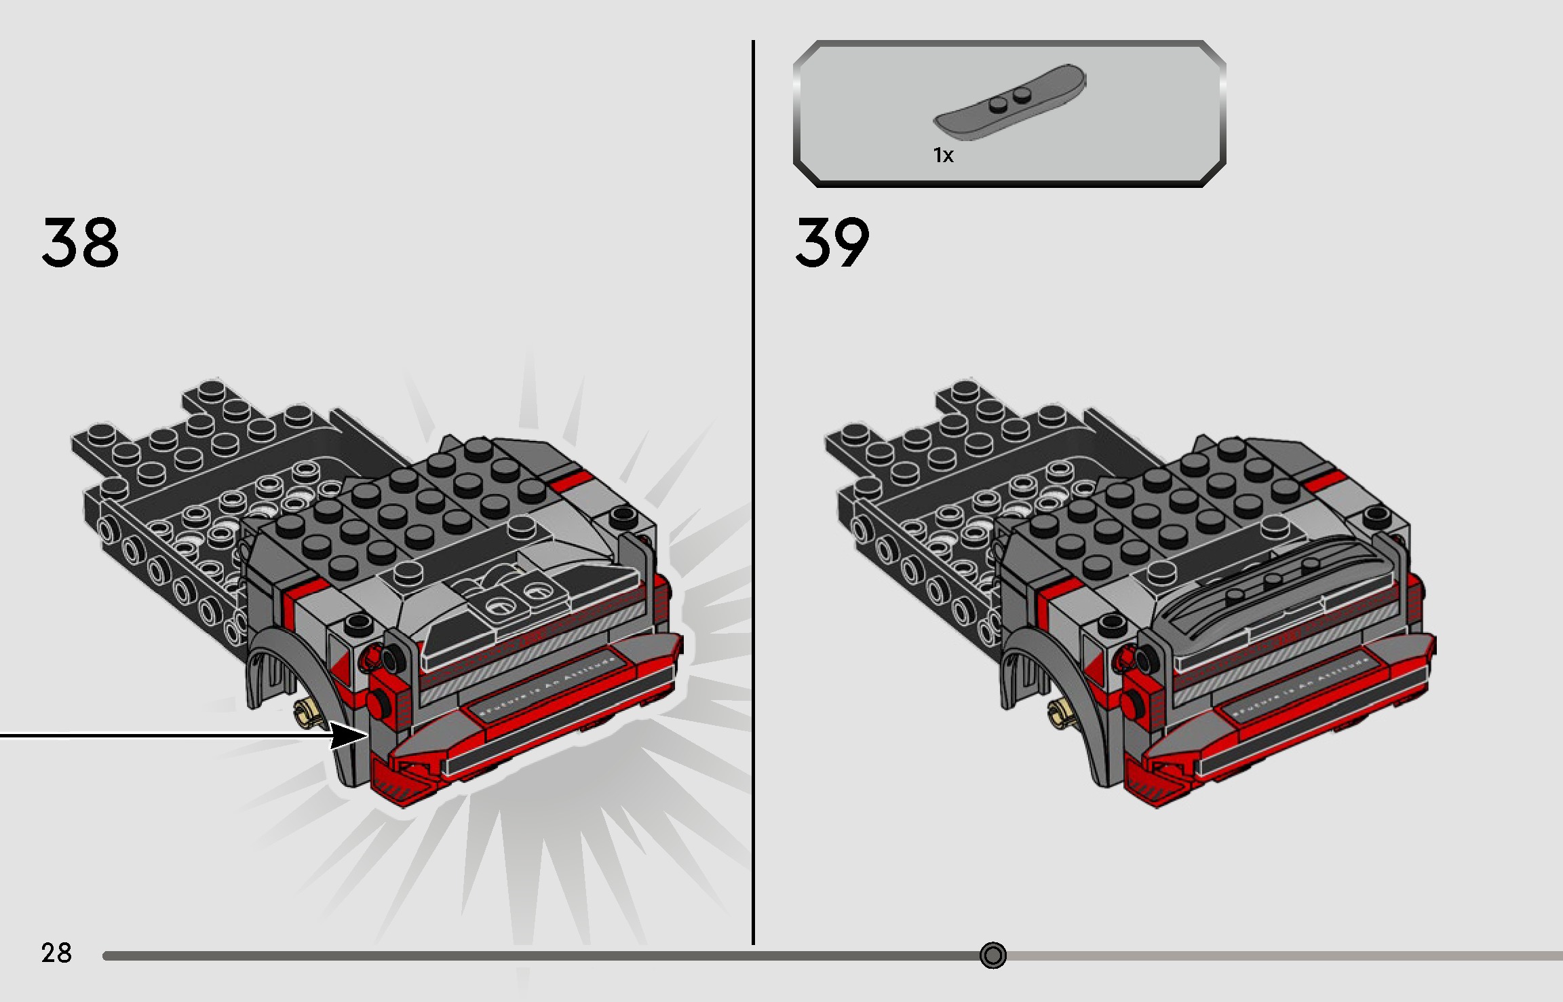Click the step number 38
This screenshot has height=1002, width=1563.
80,242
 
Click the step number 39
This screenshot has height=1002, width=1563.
832,242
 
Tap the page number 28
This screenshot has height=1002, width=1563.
56,953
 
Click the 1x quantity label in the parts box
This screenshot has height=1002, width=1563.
943,155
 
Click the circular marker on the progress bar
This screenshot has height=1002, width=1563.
992,955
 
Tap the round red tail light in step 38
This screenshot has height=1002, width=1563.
377,701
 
